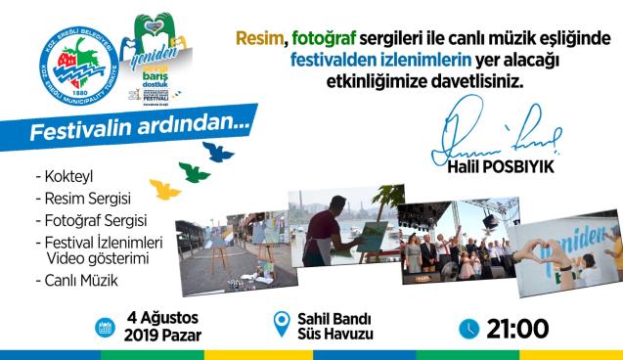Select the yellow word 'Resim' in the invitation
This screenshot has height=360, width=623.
pyautogui.click(x=259, y=38)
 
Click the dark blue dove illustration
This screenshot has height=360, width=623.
pyautogui.click(x=218, y=151)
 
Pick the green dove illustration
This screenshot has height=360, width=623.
pyautogui.click(x=195, y=172)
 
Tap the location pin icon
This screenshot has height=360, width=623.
pyautogui.click(x=283, y=324)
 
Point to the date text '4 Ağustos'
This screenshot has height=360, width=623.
pyautogui.click(x=163, y=318)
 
